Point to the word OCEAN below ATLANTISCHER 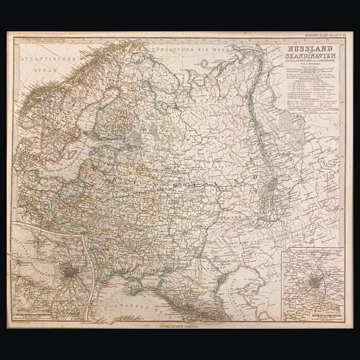pos(48,67)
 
